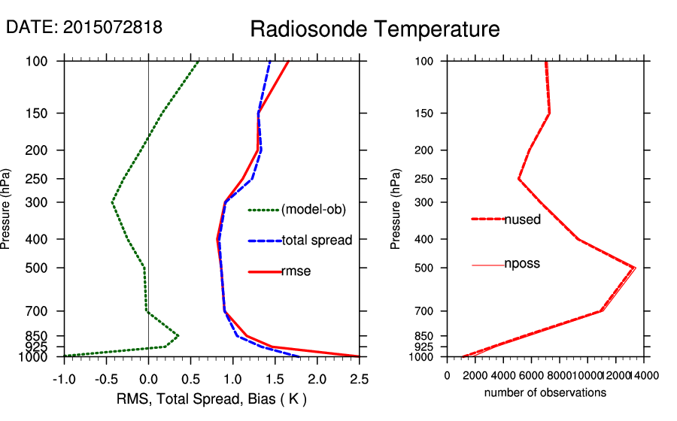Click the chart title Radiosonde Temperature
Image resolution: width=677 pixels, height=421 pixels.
point(375,29)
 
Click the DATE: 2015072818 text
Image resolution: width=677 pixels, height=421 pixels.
point(84,27)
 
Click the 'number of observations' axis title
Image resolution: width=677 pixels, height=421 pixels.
point(545,393)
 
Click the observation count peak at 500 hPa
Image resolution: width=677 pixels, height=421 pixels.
point(635,268)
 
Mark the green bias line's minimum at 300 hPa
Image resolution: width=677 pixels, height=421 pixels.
point(112,202)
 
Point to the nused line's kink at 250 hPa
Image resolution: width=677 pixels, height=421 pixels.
point(519,179)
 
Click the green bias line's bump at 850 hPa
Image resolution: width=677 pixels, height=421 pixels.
point(178,335)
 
